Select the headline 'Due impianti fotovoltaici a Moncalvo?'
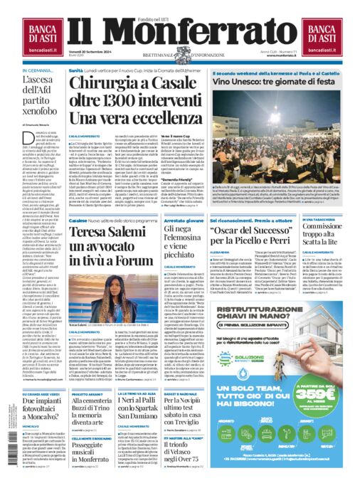(44, 405)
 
